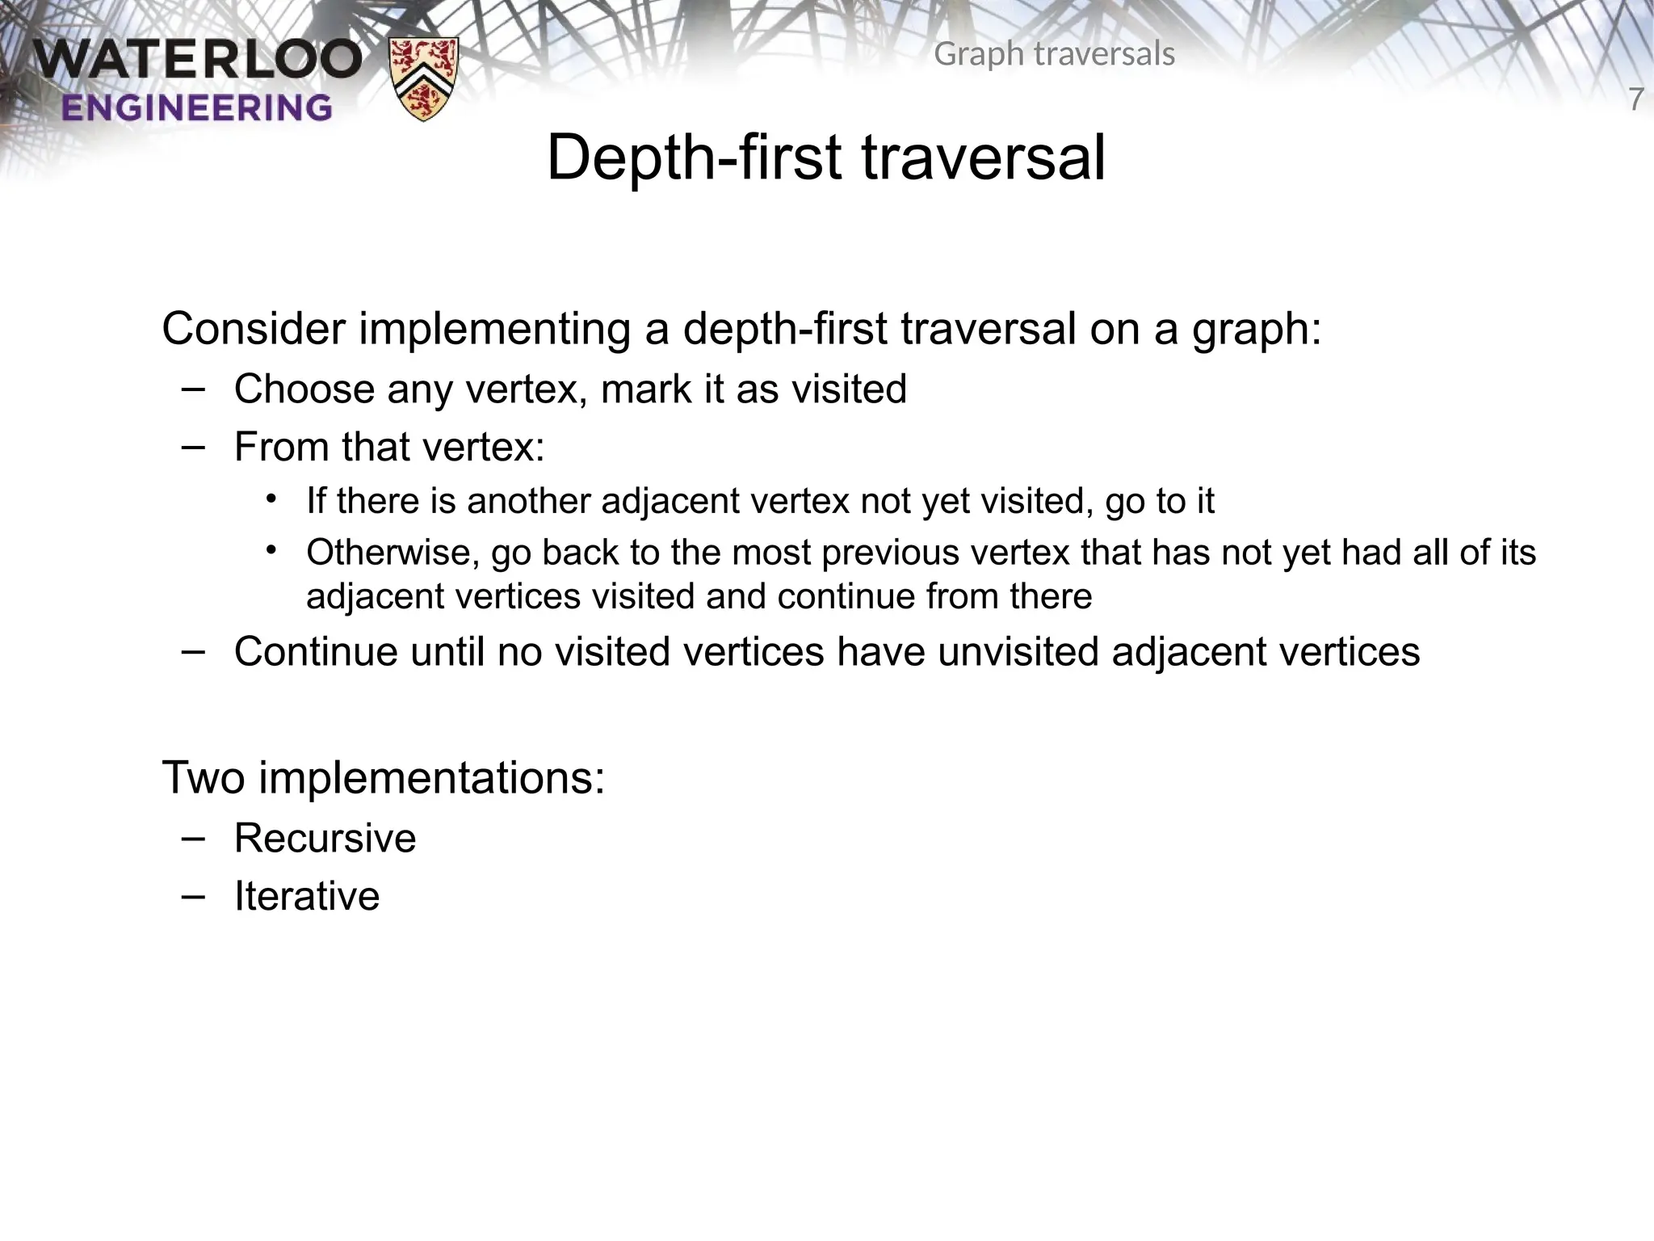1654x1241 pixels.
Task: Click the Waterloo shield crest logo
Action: click(423, 79)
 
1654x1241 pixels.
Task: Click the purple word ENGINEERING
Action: click(196, 107)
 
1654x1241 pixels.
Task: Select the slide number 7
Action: click(1635, 100)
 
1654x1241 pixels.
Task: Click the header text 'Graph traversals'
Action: click(1054, 54)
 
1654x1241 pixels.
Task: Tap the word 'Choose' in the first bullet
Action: click(304, 389)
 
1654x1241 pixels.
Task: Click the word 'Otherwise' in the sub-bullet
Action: click(393, 553)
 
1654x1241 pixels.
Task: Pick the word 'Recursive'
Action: click(325, 838)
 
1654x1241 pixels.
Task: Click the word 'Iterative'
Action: click(307, 896)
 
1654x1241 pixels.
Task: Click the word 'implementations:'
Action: click(431, 777)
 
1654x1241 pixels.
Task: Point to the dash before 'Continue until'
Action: click(194, 651)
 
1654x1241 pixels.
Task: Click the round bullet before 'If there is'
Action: click(271, 499)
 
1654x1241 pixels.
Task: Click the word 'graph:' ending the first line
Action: click(1257, 330)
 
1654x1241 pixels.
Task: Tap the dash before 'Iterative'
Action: click(194, 895)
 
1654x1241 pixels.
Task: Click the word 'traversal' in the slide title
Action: click(983, 158)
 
